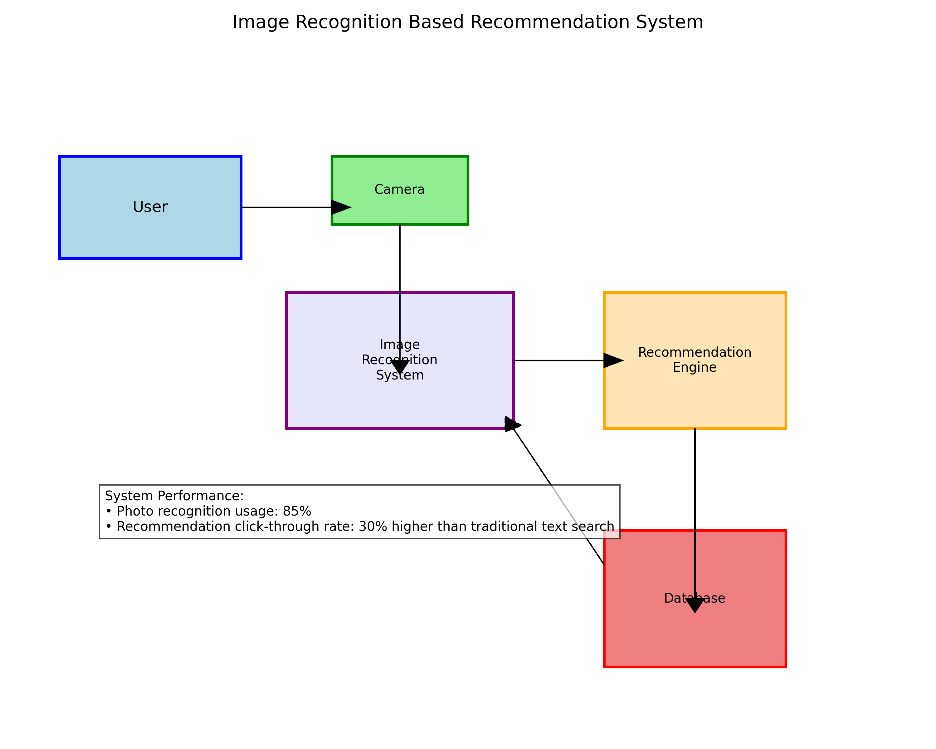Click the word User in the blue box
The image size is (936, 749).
(x=150, y=207)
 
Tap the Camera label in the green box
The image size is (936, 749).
(x=399, y=189)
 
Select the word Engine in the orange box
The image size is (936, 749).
(x=694, y=367)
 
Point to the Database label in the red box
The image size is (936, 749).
(x=694, y=598)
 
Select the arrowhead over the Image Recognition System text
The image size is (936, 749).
(x=399, y=366)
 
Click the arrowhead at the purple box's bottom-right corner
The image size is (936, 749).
(x=511, y=424)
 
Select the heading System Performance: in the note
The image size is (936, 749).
(x=174, y=496)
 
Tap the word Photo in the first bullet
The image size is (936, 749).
(x=132, y=511)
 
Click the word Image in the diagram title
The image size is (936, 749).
(x=261, y=22)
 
